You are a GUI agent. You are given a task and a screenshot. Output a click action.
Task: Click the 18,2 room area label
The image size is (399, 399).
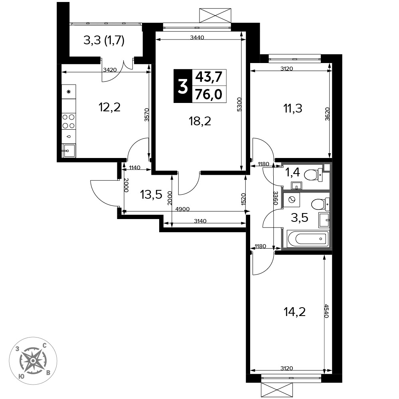pyautogui.click(x=200, y=121)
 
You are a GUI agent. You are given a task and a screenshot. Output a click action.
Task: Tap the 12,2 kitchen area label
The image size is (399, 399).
pyautogui.click(x=109, y=107)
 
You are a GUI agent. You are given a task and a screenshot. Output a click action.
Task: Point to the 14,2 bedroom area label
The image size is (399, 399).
pyautogui.click(x=294, y=312)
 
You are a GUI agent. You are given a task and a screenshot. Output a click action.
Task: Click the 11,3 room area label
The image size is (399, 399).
pyautogui.click(x=292, y=109)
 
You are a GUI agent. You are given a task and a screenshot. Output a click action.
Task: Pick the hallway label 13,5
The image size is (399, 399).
pyautogui.click(x=151, y=195)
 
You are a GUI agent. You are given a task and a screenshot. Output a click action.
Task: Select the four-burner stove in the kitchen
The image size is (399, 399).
pyautogui.click(x=69, y=121)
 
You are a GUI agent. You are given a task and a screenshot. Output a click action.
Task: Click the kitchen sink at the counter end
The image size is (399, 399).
pyautogui.click(x=69, y=151)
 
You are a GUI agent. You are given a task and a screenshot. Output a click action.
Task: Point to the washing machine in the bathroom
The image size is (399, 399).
pyautogui.click(x=292, y=200)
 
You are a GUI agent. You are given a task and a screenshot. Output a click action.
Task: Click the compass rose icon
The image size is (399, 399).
pyautogui.click(x=33, y=361)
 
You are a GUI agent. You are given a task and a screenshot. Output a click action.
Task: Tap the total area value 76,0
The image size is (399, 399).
pyautogui.click(x=209, y=95)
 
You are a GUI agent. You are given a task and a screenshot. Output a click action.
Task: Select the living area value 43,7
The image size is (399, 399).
pyautogui.click(x=209, y=77)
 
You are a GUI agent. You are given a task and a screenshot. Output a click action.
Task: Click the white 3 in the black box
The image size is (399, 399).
pyautogui.click(x=183, y=86)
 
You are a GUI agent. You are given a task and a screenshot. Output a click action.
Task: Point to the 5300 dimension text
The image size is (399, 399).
pyautogui.click(x=239, y=104)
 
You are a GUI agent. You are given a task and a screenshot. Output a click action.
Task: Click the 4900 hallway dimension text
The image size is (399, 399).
pyautogui.click(x=182, y=209)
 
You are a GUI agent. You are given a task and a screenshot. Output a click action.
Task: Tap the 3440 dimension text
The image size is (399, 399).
pyautogui.click(x=197, y=38)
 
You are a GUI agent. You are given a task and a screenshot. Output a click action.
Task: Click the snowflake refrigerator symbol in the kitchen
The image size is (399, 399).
pyautogui.click(x=69, y=92)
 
